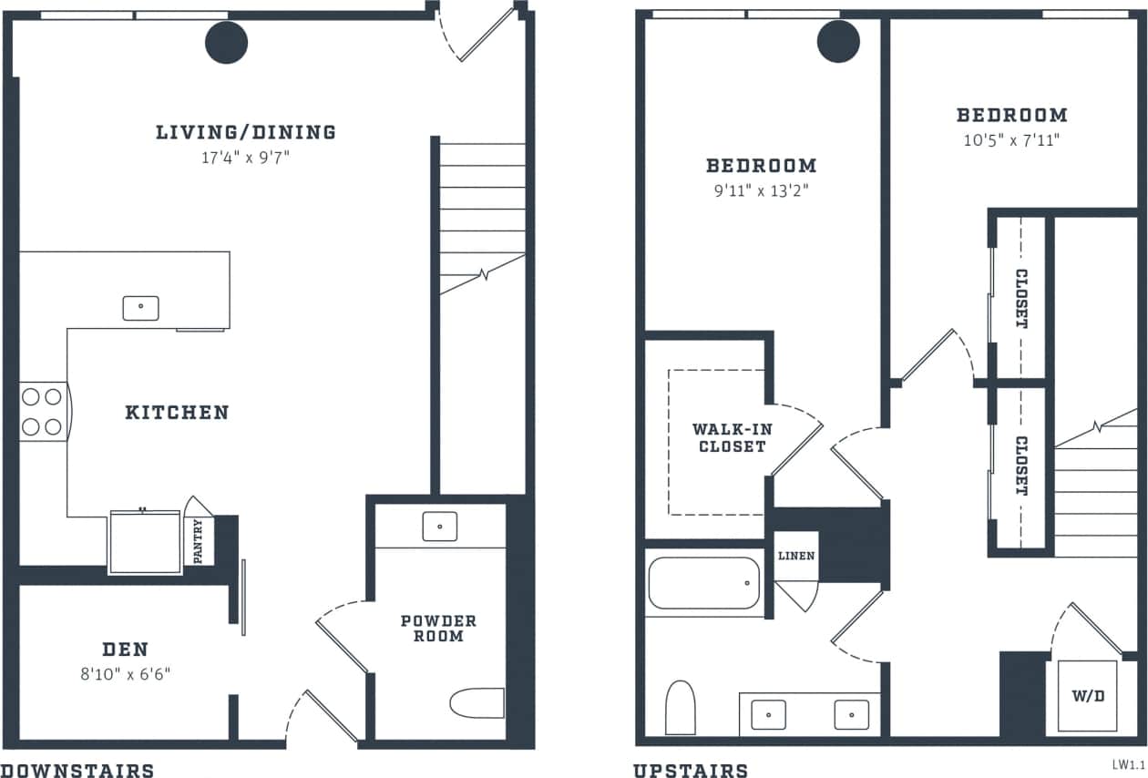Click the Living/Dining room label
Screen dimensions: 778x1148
click(246, 132)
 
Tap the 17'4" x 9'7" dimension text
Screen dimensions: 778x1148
click(246, 158)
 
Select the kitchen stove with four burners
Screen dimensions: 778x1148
click(42, 411)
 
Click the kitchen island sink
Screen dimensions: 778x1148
click(140, 308)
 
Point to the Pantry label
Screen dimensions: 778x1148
click(199, 541)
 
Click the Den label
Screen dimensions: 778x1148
click(126, 650)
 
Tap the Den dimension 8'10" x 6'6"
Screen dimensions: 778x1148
click(126, 674)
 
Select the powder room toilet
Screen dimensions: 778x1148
click(477, 702)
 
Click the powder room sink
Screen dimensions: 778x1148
click(439, 526)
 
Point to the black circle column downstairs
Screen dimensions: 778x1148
click(227, 42)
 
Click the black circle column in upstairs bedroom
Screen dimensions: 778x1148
click(838, 41)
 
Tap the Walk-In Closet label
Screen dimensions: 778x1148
click(729, 437)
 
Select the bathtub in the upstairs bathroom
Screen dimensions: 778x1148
click(703, 583)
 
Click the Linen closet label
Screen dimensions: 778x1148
click(795, 556)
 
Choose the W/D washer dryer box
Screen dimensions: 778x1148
click(1087, 696)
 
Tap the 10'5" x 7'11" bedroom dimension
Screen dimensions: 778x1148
click(1011, 140)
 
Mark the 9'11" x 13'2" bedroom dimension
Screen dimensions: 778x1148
click(761, 190)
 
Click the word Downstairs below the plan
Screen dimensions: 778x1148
click(77, 771)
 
